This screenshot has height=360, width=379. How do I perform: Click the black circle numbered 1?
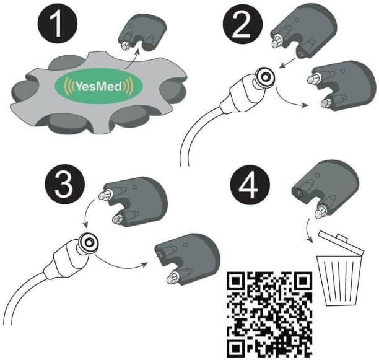58,24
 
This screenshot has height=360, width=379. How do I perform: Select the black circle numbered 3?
65,185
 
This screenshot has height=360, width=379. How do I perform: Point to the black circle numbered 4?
250,185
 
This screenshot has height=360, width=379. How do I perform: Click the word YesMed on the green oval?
98,86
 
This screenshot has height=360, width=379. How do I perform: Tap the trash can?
341,268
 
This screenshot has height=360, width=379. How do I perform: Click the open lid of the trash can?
341,242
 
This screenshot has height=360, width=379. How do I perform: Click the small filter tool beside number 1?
142,32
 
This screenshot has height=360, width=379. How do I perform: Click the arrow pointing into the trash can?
309,230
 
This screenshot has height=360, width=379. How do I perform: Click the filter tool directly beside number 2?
303,31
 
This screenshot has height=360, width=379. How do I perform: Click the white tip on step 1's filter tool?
126,45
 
